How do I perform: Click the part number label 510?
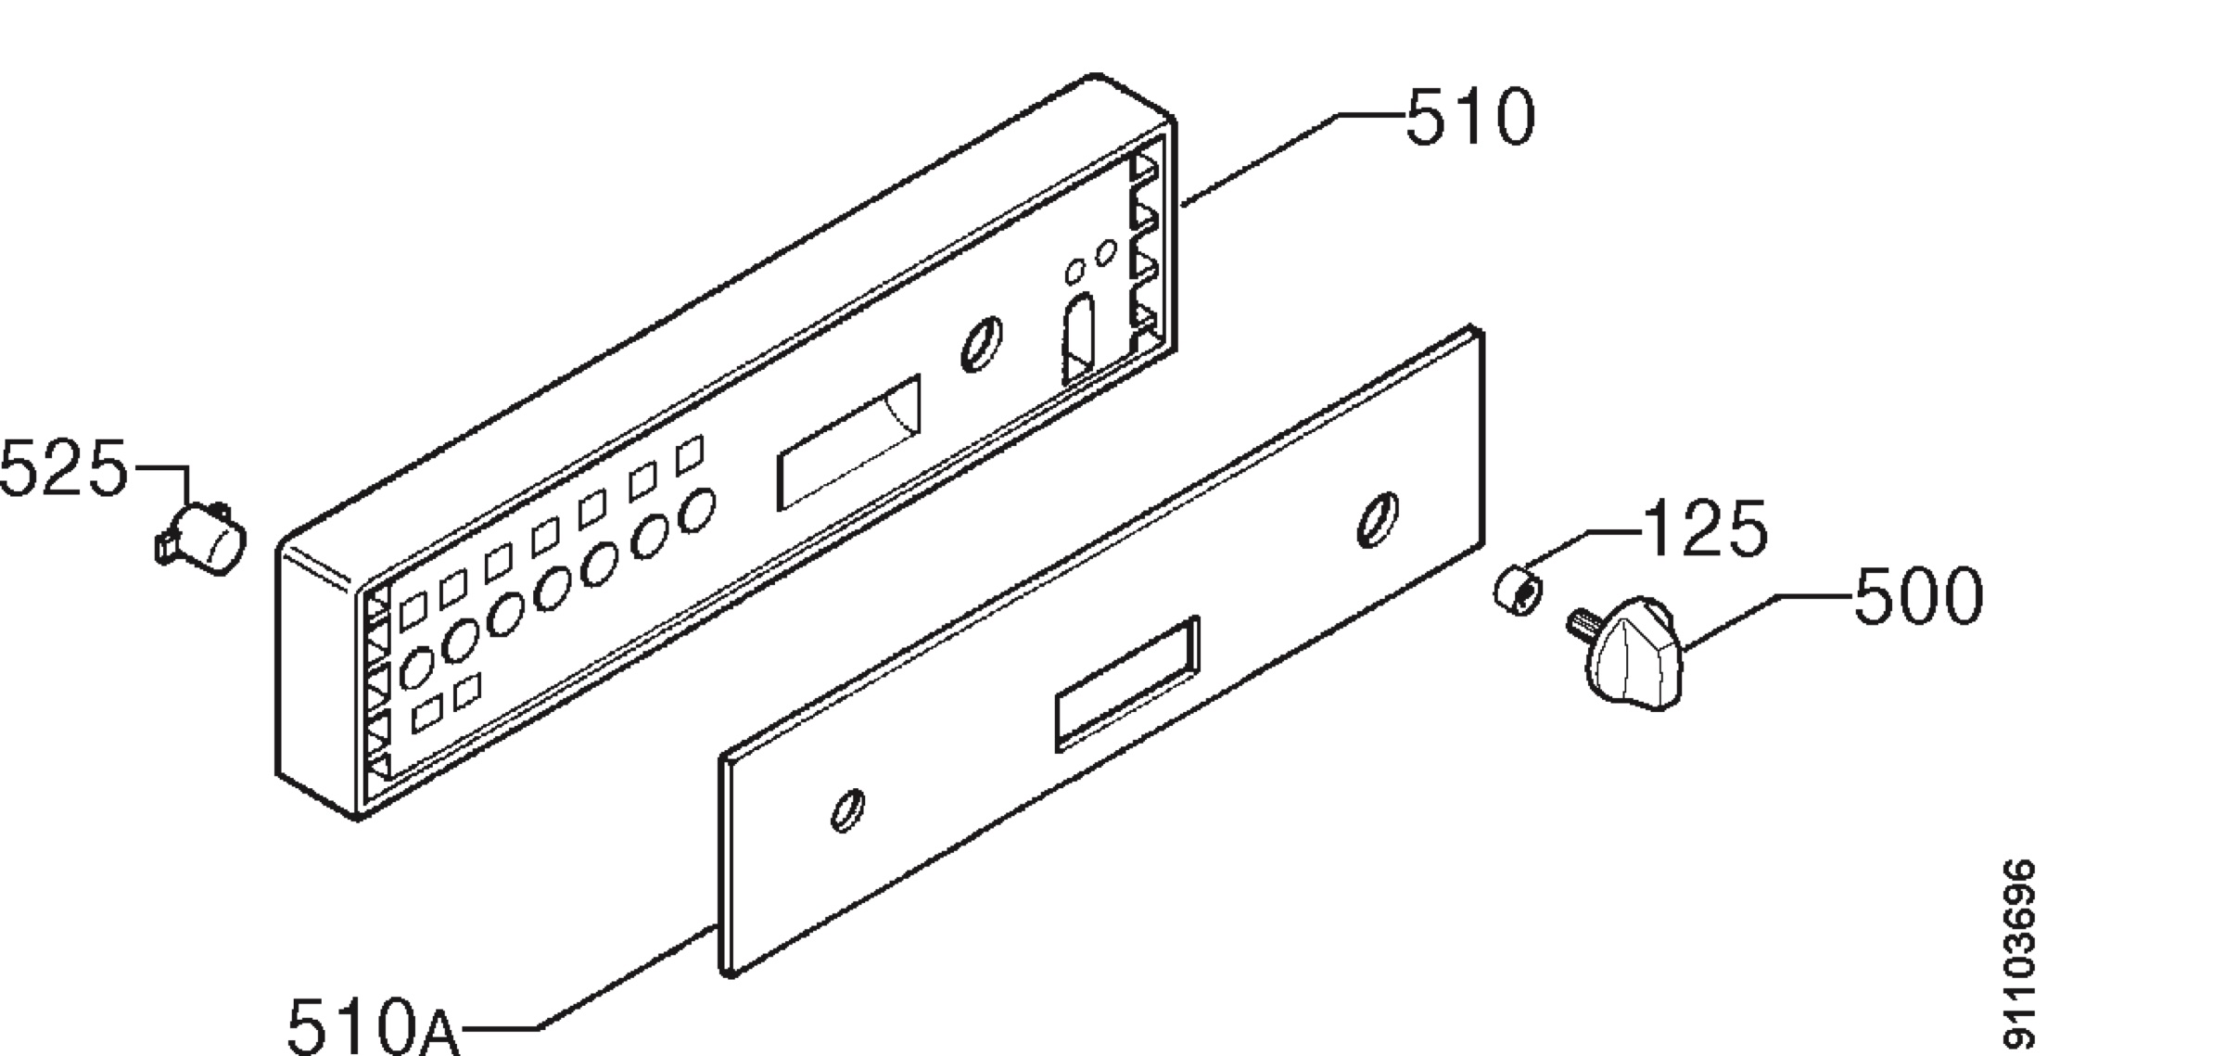tap(1470, 118)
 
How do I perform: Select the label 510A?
tap(374, 1024)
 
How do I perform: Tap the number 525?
tap(63, 468)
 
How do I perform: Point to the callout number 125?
tap(1705, 529)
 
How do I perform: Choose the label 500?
tap(1918, 596)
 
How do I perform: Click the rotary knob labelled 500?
tap(1632, 653)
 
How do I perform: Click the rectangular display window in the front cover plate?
tap(1127, 683)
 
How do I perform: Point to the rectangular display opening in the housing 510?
tap(848, 442)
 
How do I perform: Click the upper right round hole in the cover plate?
tap(1378, 519)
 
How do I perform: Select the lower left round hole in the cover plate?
tap(847, 810)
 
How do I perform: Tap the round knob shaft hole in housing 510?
tap(981, 344)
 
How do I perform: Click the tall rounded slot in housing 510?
tap(1078, 337)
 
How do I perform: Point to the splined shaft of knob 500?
tap(1581, 623)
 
